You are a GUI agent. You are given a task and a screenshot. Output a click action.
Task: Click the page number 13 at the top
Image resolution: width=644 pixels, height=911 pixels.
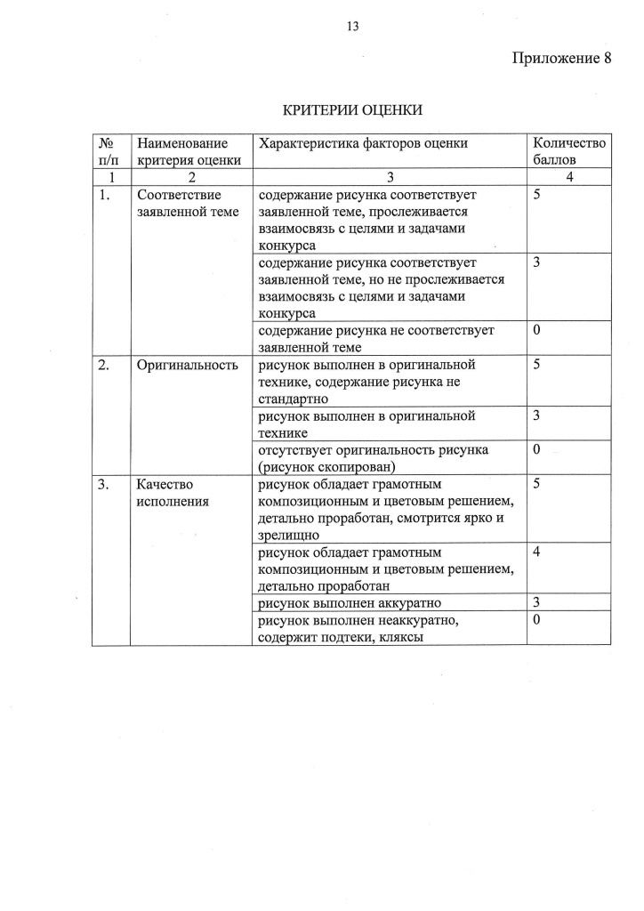click(352, 26)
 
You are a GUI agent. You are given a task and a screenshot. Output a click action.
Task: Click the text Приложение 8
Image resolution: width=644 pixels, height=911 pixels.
click(561, 59)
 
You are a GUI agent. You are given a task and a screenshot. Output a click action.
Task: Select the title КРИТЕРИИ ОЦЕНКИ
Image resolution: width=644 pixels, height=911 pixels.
click(352, 110)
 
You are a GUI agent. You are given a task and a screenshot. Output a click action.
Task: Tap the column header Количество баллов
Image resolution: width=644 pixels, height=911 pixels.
click(568, 151)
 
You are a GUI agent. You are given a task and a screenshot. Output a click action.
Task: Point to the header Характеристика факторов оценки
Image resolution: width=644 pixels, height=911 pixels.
click(362, 143)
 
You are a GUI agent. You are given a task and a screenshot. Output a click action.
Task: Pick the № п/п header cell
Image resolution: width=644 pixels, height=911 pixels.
click(110, 151)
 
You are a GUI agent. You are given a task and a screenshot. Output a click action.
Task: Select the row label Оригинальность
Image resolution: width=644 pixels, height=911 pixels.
click(187, 365)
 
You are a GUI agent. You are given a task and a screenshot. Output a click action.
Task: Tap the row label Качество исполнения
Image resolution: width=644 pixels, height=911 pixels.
click(173, 492)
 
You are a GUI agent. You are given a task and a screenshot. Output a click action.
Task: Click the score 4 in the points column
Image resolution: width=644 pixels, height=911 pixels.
click(536, 552)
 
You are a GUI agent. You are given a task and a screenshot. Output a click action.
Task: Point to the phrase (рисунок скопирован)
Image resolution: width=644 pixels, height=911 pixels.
click(326, 466)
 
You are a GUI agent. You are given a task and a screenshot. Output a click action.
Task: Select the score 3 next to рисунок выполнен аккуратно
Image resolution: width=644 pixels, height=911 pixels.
click(536, 603)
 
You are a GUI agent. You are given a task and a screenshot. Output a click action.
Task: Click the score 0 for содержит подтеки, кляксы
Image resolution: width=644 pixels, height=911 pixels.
click(536, 620)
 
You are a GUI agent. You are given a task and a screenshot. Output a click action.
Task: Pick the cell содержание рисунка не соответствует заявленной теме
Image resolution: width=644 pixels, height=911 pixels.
click(375, 339)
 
